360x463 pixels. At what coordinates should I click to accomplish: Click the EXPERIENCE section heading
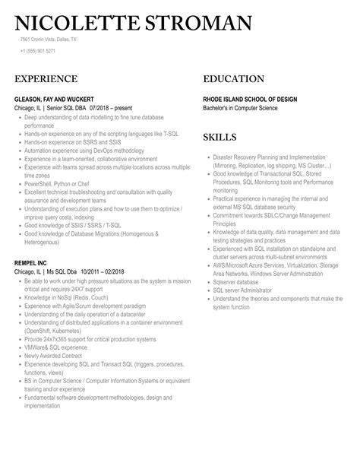(47, 78)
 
